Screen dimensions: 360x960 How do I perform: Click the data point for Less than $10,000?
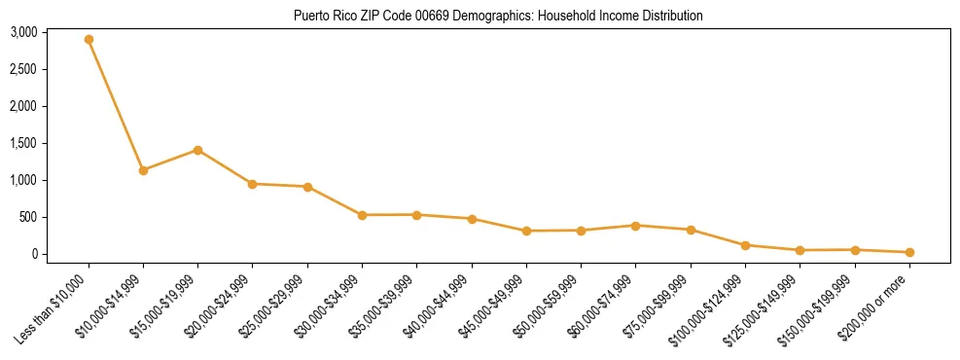(89, 40)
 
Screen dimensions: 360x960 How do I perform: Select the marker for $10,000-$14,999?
(143, 170)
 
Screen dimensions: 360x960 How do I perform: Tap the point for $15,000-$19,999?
(197, 150)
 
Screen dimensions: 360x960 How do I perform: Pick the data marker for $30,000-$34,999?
(362, 215)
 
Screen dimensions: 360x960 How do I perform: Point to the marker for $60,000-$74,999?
(635, 226)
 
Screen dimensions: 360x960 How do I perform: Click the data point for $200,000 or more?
(909, 252)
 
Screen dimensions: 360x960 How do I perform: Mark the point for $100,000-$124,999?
(745, 245)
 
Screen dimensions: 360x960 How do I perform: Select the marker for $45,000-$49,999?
(526, 231)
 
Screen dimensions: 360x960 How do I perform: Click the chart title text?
(497, 16)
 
